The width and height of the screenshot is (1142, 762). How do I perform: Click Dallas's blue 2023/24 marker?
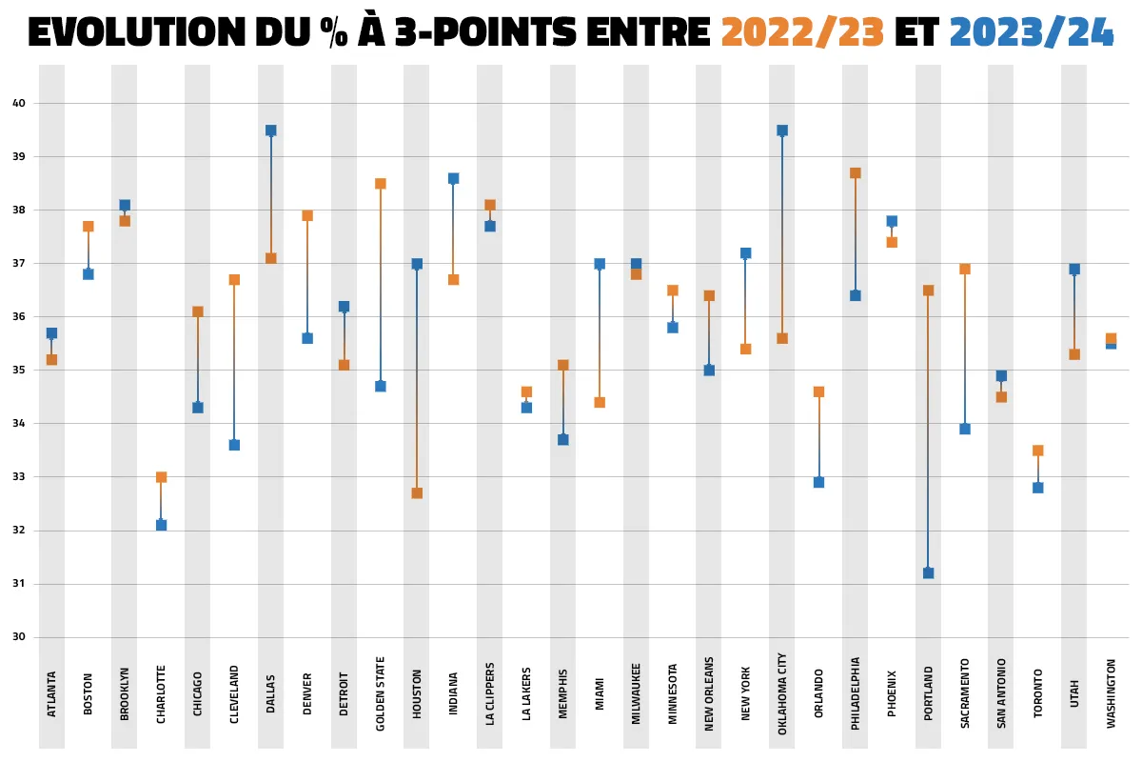pyautogui.click(x=271, y=130)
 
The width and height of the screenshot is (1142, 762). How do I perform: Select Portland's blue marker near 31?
pyautogui.click(x=928, y=572)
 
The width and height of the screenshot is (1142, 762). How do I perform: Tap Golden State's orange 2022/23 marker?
pyautogui.click(x=381, y=184)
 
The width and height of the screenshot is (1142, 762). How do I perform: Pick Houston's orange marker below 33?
pyautogui.click(x=417, y=492)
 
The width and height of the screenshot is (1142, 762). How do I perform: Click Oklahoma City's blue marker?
pyautogui.click(x=782, y=130)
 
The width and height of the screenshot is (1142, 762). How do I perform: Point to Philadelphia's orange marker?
pyautogui.click(x=856, y=173)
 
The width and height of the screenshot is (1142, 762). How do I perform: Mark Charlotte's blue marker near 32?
pyautogui.click(x=161, y=525)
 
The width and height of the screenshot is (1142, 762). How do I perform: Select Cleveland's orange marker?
pyautogui.click(x=234, y=280)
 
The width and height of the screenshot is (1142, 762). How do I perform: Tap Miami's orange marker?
pyautogui.click(x=600, y=402)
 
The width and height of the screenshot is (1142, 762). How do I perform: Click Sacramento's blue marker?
pyautogui.click(x=965, y=429)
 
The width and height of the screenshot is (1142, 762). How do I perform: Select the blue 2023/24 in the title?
pyautogui.click(x=1032, y=34)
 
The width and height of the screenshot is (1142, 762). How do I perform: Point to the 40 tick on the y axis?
pyautogui.click(x=19, y=103)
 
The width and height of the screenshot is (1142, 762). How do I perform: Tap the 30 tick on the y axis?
pyautogui.click(x=19, y=637)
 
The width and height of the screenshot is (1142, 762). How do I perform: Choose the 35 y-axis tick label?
pyautogui.click(x=19, y=370)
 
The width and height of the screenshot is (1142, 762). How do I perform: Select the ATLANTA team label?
pyautogui.click(x=51, y=696)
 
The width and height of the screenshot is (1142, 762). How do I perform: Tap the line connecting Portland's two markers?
pyautogui.click(x=928, y=429)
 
